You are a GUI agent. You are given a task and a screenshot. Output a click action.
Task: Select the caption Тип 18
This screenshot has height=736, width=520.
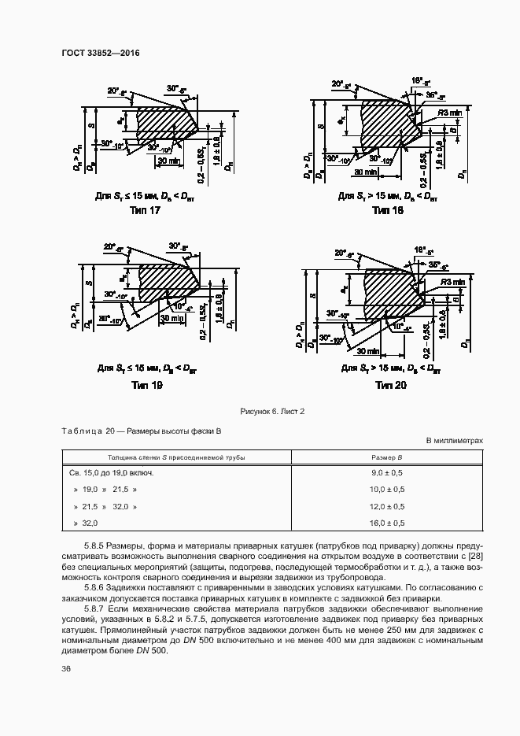coord(387,211)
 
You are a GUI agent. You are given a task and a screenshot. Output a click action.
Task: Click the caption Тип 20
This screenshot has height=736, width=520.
coord(390,385)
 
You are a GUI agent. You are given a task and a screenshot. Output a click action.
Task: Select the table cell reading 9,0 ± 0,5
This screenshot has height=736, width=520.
coord(387,473)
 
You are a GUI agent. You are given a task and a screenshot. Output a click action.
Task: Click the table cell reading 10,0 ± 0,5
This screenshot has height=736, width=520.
coord(387,490)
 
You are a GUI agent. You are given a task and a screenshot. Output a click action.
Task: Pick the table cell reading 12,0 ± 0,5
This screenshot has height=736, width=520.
coord(387,506)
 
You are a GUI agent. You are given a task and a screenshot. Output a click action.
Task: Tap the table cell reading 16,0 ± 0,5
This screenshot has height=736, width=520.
coord(387,523)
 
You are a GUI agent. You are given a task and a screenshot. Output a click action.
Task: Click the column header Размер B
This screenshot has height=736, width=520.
coord(387,457)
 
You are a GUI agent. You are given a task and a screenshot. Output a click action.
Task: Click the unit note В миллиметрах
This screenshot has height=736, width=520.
coord(455,441)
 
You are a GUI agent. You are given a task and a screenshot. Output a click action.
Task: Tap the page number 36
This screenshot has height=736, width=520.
coord(66,668)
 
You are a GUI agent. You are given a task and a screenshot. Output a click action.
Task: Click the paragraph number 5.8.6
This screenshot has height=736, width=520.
coord(98,587)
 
